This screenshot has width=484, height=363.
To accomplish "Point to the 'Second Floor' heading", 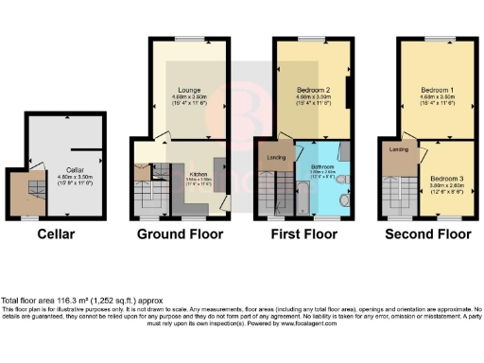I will pyautogui.click(x=430, y=233).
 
